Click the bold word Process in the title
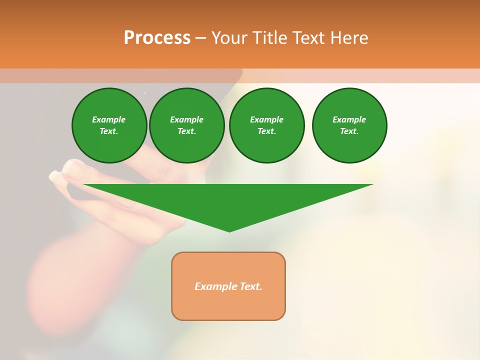coord(157,38)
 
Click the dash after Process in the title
coord(200,38)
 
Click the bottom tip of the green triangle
coord(229,231)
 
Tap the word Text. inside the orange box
coord(250,286)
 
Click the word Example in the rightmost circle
coord(349,119)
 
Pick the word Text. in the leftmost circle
coord(109,131)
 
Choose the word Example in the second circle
coord(186,119)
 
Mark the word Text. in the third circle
coord(266,131)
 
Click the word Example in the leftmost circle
coord(109,119)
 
